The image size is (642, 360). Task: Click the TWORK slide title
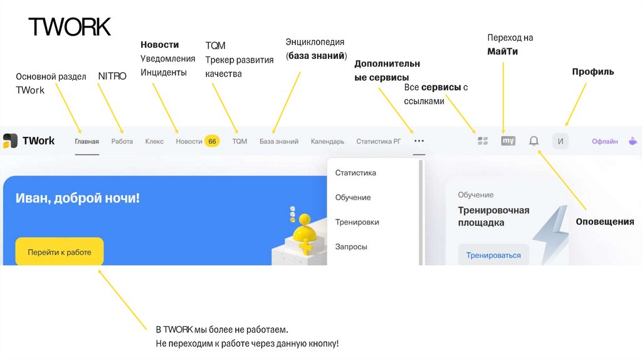click(70, 27)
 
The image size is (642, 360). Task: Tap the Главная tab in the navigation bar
click(87, 142)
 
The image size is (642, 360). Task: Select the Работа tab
click(122, 142)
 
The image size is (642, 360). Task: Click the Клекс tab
click(154, 142)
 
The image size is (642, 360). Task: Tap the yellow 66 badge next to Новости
click(212, 142)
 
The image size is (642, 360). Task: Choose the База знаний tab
click(279, 142)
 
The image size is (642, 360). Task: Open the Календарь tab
click(327, 142)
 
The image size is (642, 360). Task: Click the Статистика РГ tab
click(378, 142)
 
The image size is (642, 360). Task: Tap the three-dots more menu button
click(419, 141)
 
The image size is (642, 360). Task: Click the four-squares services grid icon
click(483, 141)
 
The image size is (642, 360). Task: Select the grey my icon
click(508, 141)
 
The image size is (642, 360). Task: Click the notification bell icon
click(534, 141)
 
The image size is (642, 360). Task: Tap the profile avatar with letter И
click(560, 141)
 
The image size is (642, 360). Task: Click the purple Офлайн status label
click(604, 142)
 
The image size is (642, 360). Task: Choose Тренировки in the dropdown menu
click(357, 222)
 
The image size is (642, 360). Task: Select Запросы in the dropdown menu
click(351, 246)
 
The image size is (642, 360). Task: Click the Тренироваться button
click(493, 255)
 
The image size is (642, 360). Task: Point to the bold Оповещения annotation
click(605, 221)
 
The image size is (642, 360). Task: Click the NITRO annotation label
click(112, 76)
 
